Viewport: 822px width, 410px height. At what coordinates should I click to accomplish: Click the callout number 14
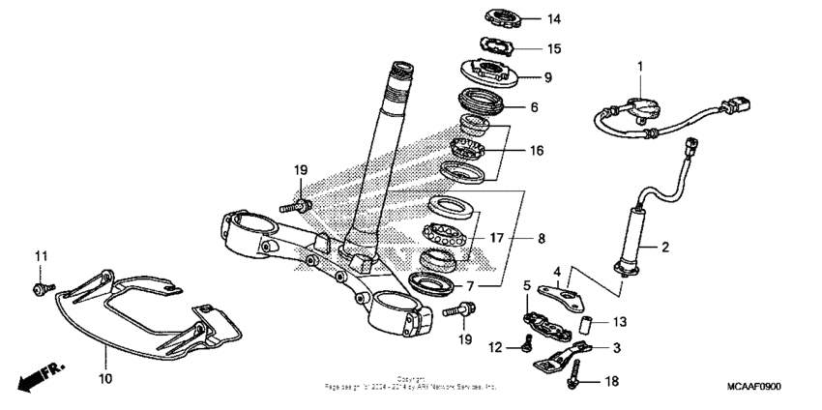coord(554,19)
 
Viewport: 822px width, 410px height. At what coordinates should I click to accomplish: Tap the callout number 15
coord(554,48)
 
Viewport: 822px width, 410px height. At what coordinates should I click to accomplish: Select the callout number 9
coord(547,77)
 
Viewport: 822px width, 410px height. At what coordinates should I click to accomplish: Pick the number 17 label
coord(497,237)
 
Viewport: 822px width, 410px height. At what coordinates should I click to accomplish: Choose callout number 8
coord(541,237)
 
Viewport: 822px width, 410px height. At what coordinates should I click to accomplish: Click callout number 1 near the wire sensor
coord(639,65)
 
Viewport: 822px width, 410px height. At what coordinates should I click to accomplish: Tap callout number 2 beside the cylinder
coord(664,248)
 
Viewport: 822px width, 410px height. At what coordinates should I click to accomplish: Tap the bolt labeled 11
coord(42,287)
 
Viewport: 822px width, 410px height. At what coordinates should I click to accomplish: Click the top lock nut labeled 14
coord(508,17)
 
